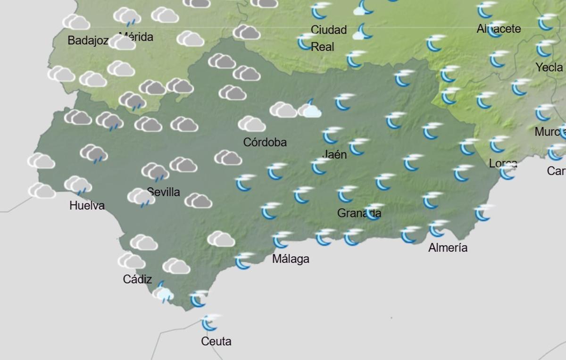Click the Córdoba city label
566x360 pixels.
(x=265, y=142)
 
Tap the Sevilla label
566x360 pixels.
(x=163, y=192)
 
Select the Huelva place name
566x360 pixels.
(x=87, y=205)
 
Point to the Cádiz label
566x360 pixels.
(x=137, y=279)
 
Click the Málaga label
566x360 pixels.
(x=291, y=259)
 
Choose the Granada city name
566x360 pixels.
(x=359, y=213)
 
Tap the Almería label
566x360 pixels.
(x=448, y=248)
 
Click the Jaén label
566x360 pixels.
(x=335, y=154)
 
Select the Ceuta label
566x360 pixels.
(x=216, y=341)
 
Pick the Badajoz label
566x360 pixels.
(x=88, y=41)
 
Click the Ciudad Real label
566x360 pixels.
(x=329, y=38)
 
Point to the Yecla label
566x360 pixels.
(x=549, y=67)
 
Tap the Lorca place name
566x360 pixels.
(x=503, y=164)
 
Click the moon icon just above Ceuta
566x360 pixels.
(x=210, y=322)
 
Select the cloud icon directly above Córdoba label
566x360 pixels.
(x=252, y=124)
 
